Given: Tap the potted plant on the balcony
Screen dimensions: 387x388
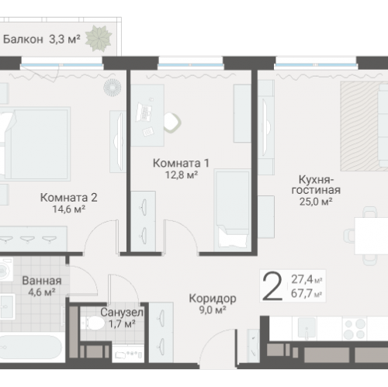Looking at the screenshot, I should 97,38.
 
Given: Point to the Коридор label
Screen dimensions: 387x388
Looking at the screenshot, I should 212,298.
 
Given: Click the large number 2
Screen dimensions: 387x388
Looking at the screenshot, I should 272,286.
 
